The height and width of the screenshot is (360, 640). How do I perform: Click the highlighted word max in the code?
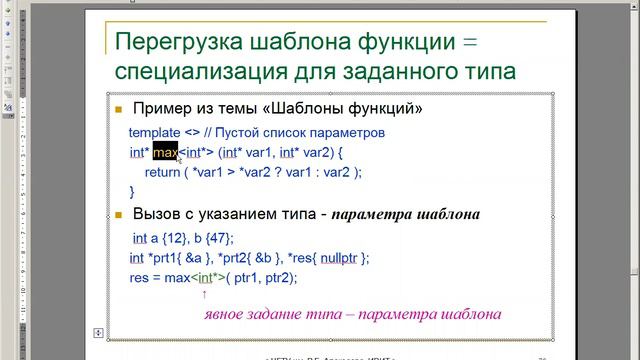[x=165, y=153]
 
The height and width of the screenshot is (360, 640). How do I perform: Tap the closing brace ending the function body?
[x=132, y=191]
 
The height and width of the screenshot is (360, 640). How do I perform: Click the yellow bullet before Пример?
[x=118, y=108]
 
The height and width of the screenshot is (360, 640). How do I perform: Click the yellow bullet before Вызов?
[x=118, y=215]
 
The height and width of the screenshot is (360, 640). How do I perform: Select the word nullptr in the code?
[x=340, y=258]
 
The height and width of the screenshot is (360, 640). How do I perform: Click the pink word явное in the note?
[x=229, y=314]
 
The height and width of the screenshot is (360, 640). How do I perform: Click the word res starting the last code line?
[x=139, y=278]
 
